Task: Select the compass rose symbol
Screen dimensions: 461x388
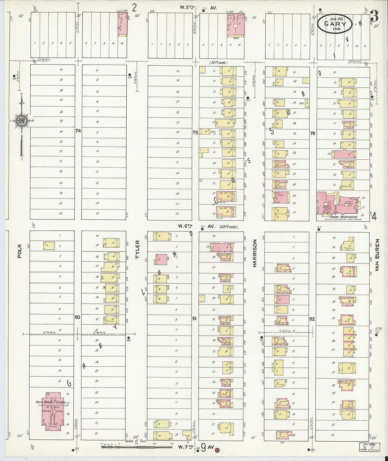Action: click(21, 120)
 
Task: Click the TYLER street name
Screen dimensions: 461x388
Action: click(138, 250)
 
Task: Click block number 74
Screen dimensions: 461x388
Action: click(78, 131)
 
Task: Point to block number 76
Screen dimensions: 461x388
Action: click(312, 134)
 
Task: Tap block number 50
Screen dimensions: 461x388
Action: click(77, 317)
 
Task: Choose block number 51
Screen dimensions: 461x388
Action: click(194, 318)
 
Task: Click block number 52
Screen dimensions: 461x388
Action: click(312, 319)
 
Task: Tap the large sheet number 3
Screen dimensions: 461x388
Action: click(375, 16)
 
